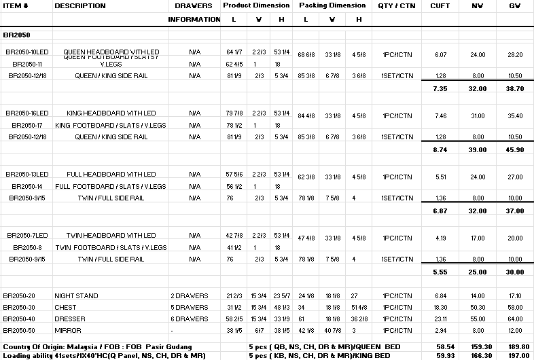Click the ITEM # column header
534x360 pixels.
click(16, 6)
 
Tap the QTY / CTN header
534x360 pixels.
click(397, 6)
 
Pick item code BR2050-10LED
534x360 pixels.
click(27, 52)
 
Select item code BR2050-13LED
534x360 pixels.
click(27, 175)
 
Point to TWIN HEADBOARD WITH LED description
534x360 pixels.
click(111, 236)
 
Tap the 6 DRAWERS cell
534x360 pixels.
click(189, 319)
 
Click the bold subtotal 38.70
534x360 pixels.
click(515, 89)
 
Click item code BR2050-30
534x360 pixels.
click(19, 308)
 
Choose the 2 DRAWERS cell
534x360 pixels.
click(189, 296)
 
